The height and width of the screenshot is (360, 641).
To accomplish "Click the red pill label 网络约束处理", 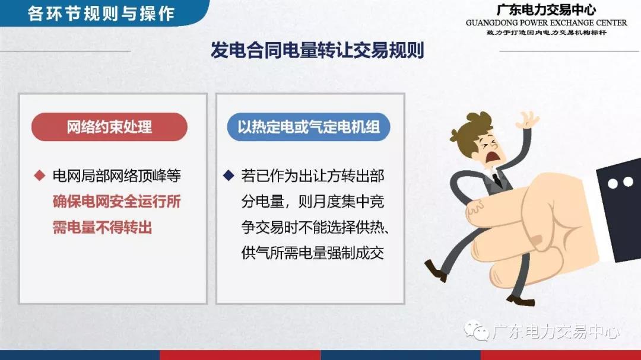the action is pyautogui.click(x=109, y=127).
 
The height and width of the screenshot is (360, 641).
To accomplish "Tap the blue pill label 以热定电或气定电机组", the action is pyautogui.click(x=309, y=127).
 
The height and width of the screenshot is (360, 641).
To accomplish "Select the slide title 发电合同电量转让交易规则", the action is pyautogui.click(x=317, y=50).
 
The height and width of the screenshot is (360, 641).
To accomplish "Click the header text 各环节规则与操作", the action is pyautogui.click(x=101, y=14).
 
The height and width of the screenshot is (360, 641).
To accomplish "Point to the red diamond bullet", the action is pyautogui.click(x=40, y=176).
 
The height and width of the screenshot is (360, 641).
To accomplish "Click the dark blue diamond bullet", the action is pyautogui.click(x=229, y=176).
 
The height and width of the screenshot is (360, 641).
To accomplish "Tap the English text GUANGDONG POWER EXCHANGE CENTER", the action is pyautogui.click(x=546, y=23).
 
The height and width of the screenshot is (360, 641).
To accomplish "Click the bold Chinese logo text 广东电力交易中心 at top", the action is pyautogui.click(x=546, y=10).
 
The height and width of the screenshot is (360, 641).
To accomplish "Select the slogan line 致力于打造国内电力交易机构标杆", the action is pyautogui.click(x=546, y=33).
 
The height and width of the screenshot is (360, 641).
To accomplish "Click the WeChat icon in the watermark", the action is pyautogui.click(x=476, y=330).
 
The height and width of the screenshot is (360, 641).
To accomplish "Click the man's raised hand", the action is pyautogui.click(x=528, y=120).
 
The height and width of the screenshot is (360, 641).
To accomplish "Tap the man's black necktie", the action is pyautogui.click(x=497, y=180).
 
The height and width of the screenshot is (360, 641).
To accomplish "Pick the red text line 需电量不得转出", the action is pyautogui.click(x=102, y=227).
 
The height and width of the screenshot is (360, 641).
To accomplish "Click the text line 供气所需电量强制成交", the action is pyautogui.click(x=313, y=253).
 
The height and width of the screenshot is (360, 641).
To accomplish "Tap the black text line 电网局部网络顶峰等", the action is pyautogui.click(x=116, y=176).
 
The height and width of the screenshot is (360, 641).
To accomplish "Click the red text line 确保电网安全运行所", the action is pyautogui.click(x=116, y=202).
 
